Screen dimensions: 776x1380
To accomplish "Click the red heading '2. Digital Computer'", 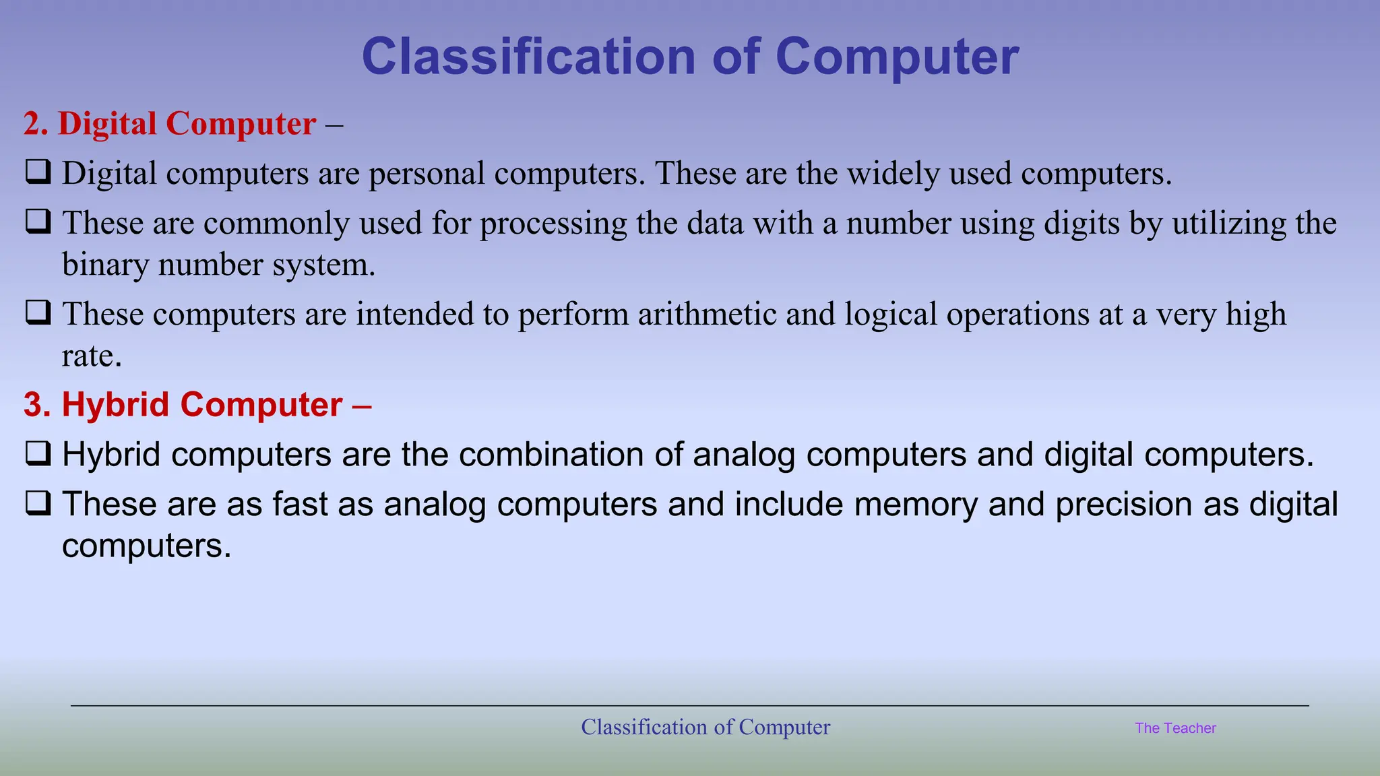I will [x=170, y=124].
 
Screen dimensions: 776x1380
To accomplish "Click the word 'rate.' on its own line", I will [x=92, y=356].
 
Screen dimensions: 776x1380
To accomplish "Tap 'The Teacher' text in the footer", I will [x=1175, y=728].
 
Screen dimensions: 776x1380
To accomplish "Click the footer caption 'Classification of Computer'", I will [x=705, y=727].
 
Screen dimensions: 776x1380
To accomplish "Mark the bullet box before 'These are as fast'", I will [x=38, y=503].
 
